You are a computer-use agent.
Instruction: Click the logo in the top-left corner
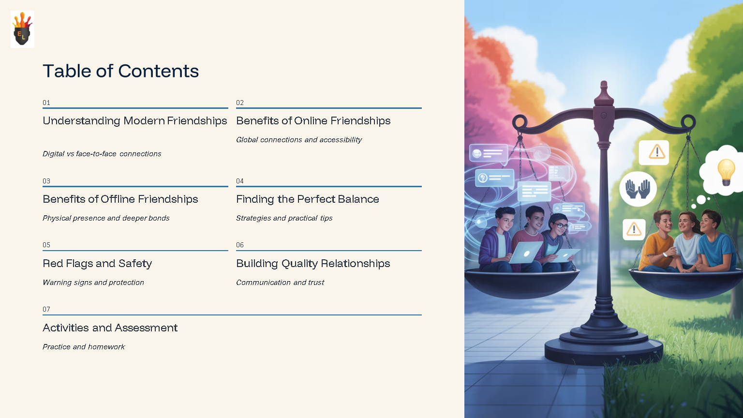[x=22, y=29]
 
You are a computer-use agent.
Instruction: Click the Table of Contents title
[x=120, y=71]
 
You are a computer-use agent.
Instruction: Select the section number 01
[x=46, y=103]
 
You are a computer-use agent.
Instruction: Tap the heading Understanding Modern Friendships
[x=134, y=120]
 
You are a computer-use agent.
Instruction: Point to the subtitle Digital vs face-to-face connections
[x=102, y=154]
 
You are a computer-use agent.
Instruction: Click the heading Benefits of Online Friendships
[x=313, y=120]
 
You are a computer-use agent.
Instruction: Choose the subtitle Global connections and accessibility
[x=298, y=140]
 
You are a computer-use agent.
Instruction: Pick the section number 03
[x=46, y=181]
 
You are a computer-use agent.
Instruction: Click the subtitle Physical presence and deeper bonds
[x=106, y=218]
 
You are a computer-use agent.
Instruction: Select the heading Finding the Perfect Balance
[x=307, y=199]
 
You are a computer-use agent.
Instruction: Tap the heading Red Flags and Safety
[x=97, y=263]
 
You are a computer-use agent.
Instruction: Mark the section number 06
[x=240, y=245]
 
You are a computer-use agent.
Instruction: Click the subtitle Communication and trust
[x=280, y=283]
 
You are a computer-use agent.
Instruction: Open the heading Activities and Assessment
[x=110, y=328]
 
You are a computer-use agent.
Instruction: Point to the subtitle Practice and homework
[x=84, y=347]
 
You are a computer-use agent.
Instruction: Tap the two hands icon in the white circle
[x=638, y=189]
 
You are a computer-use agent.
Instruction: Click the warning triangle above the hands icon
[x=656, y=152]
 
